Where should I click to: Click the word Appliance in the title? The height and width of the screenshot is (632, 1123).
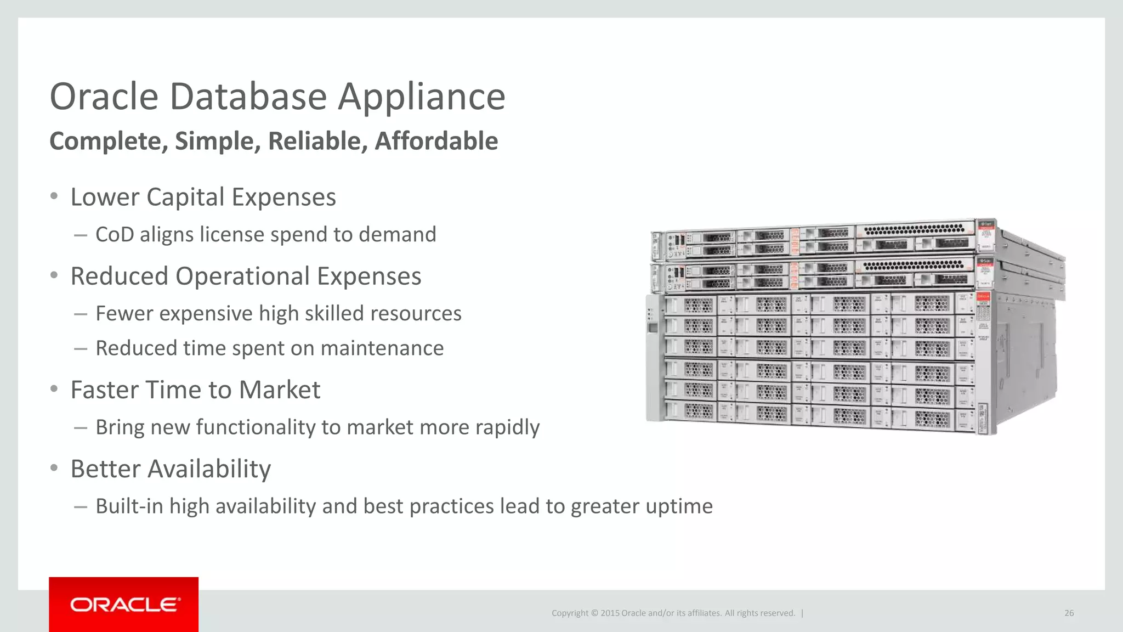coord(421,98)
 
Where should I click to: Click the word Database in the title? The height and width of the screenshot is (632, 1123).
coord(248,97)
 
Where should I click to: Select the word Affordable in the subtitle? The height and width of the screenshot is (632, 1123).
coord(436,141)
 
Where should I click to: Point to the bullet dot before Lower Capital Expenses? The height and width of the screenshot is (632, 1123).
coord(54,196)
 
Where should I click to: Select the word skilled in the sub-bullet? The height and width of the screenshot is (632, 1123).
coord(331,313)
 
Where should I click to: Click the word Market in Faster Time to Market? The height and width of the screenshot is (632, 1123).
coord(280,390)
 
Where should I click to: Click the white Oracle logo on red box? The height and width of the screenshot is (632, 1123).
coord(124,605)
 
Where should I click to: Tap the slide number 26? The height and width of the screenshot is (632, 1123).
coord(1069,613)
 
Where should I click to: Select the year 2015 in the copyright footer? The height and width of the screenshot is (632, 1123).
coord(610,613)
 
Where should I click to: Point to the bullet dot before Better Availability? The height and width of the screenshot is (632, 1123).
coord(54,469)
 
